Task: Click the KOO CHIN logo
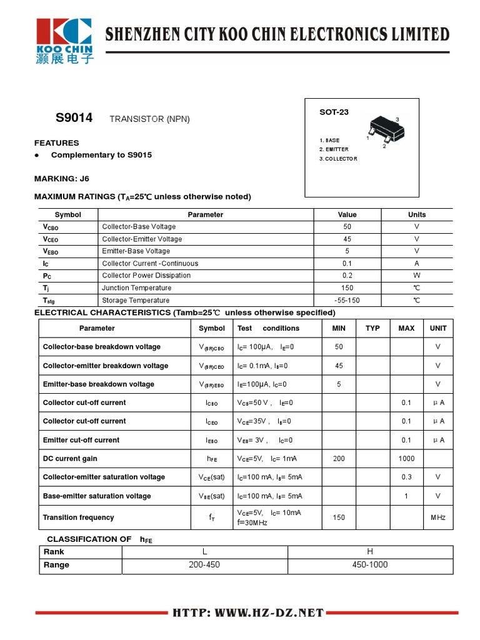(x=64, y=42)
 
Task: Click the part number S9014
(x=74, y=117)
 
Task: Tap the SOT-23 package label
(x=334, y=112)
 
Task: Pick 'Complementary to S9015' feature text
(x=101, y=155)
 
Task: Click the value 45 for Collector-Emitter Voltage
(x=347, y=239)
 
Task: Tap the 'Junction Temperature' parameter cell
(x=136, y=288)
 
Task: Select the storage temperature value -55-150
(x=347, y=300)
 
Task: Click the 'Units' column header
(x=417, y=214)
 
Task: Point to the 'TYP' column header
(x=372, y=328)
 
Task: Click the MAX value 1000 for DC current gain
(x=406, y=459)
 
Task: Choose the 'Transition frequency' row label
(x=79, y=517)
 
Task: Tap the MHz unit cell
(x=438, y=517)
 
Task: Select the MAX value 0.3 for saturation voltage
(x=406, y=477)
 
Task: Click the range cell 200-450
(x=204, y=565)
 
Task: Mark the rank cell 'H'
(x=370, y=552)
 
